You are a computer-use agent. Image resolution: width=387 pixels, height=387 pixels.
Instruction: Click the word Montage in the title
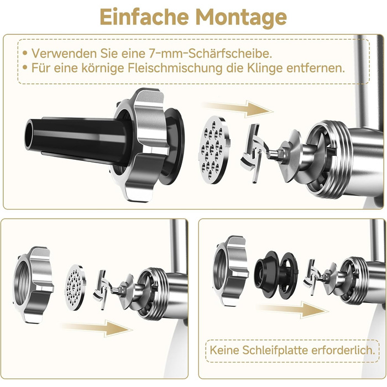241,18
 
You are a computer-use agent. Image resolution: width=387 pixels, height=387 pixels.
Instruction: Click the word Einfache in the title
144,17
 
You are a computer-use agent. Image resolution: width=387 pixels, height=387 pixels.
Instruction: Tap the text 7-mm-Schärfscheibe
210,53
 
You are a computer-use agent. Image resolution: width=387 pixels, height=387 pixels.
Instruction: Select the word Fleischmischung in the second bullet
175,68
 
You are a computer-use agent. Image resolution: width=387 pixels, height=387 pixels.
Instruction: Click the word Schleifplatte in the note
275,350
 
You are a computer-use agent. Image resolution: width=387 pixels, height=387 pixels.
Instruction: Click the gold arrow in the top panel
237,108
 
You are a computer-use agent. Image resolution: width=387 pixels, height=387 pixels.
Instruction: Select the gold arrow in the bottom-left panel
96,328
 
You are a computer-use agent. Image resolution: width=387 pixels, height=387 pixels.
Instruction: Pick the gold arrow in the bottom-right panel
292,309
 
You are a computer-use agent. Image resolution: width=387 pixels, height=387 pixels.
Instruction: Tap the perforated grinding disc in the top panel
214,150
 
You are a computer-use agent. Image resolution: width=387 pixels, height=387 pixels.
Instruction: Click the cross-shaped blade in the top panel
255,154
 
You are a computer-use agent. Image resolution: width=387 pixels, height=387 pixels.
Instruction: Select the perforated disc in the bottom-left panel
75,287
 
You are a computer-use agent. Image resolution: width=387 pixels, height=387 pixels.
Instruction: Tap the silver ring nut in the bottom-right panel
231,270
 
